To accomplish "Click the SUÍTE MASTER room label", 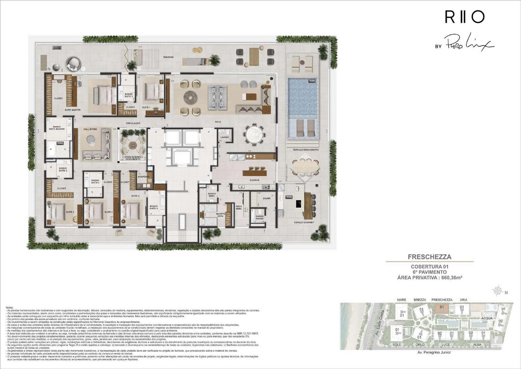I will [73, 110].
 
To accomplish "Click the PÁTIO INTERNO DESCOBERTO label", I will [132, 158].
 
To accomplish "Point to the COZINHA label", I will [255, 180].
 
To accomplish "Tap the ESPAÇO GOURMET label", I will [304, 222].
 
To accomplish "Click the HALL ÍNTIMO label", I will [91, 129].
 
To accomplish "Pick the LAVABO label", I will [225, 137].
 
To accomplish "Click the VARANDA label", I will [168, 57].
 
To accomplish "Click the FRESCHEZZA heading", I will [429, 257].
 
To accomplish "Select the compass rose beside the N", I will [498, 290].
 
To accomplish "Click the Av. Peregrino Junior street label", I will [434, 352].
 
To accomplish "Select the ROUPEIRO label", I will [143, 177].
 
